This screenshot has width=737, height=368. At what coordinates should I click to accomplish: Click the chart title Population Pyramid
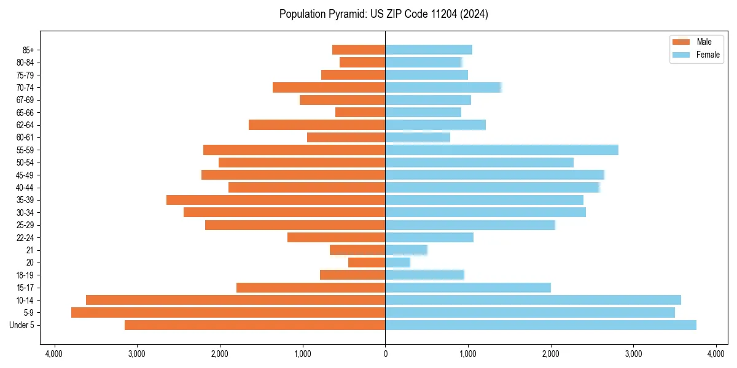pyautogui.click(x=383, y=14)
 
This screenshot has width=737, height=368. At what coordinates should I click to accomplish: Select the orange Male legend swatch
pyautogui.click(x=681, y=42)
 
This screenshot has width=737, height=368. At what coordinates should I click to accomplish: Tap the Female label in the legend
pyautogui.click(x=708, y=55)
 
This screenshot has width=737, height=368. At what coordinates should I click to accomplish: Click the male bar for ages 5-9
pyautogui.click(x=228, y=312)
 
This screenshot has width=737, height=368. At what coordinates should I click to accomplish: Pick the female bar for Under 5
pyautogui.click(x=540, y=325)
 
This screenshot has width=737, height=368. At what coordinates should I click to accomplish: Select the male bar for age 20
pyautogui.click(x=367, y=263)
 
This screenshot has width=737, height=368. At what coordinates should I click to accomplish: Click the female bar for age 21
pyautogui.click(x=406, y=250)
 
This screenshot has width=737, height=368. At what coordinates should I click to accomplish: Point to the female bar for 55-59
pyautogui.click(x=502, y=150)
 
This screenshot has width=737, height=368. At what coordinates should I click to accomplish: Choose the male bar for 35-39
pyautogui.click(x=276, y=200)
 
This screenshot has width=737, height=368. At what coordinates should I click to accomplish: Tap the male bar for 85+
pyautogui.click(x=359, y=50)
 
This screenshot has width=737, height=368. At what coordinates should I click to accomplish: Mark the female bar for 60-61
pyautogui.click(x=418, y=137)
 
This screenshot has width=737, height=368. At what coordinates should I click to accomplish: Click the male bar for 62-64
pyautogui.click(x=317, y=125)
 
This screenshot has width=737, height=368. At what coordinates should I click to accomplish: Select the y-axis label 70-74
pyautogui.click(x=26, y=87)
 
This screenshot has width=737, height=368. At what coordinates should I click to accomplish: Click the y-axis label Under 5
pyautogui.click(x=22, y=325)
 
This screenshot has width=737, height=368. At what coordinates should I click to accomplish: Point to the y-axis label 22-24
pyautogui.click(x=26, y=237)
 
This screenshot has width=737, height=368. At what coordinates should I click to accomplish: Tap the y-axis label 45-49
pyautogui.click(x=26, y=175)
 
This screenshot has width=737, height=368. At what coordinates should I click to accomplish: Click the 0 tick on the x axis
pyautogui.click(x=385, y=354)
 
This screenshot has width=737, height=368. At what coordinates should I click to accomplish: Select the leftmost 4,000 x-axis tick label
pyautogui.click(x=54, y=354)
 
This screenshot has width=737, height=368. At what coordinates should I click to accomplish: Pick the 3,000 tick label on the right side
pyautogui.click(x=633, y=354)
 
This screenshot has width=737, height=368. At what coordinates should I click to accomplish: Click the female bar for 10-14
pyautogui.click(x=533, y=300)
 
